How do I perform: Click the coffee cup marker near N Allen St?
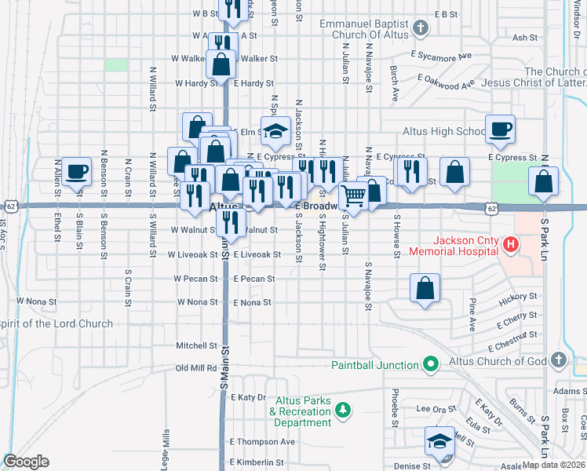pyautogui.click(x=76, y=172)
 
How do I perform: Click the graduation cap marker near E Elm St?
pyautogui.click(x=275, y=132)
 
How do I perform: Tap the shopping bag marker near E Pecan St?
pyautogui.click(x=425, y=287)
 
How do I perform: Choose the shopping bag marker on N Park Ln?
pyautogui.click(x=543, y=181)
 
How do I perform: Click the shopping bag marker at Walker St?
pyautogui.click(x=221, y=65)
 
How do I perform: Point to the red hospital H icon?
pyautogui.click(x=511, y=245)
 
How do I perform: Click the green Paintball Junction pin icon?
pyautogui.click(x=429, y=364)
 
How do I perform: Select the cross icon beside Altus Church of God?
pyautogui.click(x=558, y=360)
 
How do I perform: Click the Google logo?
pyautogui.click(x=26, y=461)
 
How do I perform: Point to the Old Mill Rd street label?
pyautogui.click(x=196, y=367)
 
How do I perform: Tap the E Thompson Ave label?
pyautogui.click(x=263, y=441)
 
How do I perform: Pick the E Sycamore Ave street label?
pyautogui.click(x=441, y=55)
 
